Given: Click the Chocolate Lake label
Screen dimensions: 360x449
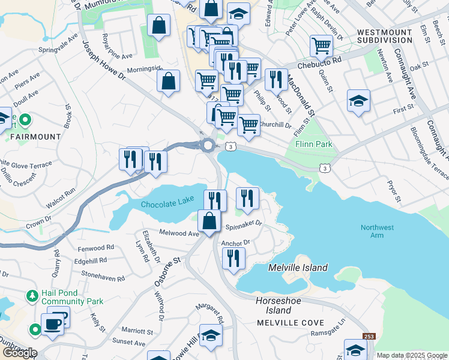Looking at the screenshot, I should click(x=169, y=205).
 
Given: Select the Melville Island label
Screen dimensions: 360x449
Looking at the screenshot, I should click(x=298, y=268).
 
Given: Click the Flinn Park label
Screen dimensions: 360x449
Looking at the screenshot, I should click(x=313, y=145).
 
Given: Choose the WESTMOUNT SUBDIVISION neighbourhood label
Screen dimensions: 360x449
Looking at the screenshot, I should click(x=385, y=36).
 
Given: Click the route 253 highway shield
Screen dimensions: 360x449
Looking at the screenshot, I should click(x=369, y=337).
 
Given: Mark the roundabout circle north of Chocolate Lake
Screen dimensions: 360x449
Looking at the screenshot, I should click(x=208, y=145).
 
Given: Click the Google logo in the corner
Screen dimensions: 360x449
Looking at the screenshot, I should click(x=19, y=352).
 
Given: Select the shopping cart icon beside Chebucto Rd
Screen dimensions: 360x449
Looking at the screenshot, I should click(x=321, y=46).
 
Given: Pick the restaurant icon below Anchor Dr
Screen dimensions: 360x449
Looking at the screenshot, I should click(x=234, y=258).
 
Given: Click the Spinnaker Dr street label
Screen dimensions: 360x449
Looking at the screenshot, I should click(x=244, y=225).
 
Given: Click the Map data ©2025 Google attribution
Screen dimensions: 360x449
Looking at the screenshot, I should click(x=411, y=355).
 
